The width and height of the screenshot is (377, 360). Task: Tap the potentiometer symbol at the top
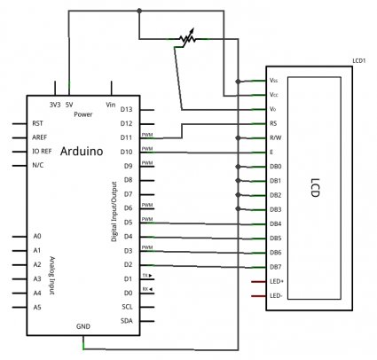pos(185,39)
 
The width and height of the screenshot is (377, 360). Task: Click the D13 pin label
pos(126,109)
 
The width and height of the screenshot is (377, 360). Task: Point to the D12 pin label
pos(126,123)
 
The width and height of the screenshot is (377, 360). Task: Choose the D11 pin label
pos(126,137)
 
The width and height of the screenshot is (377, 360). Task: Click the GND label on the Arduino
pos(82,326)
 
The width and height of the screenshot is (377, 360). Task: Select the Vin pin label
pos(111,103)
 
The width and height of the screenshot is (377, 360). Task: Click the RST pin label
pos(38,123)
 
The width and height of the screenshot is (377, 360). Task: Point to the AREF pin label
pos(40,137)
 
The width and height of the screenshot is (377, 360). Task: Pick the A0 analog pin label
pos(36,237)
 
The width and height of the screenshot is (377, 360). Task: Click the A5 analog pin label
pos(36,307)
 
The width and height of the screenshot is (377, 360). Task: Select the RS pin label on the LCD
pos(273,123)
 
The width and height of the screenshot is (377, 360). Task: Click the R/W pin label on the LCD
pos(275,137)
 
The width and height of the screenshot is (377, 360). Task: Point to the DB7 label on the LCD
pos(275,266)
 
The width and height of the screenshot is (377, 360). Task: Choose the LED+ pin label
pos(276,281)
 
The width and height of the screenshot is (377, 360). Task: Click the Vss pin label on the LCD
pos(273,80)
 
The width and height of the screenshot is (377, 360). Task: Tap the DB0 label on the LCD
pos(275,166)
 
